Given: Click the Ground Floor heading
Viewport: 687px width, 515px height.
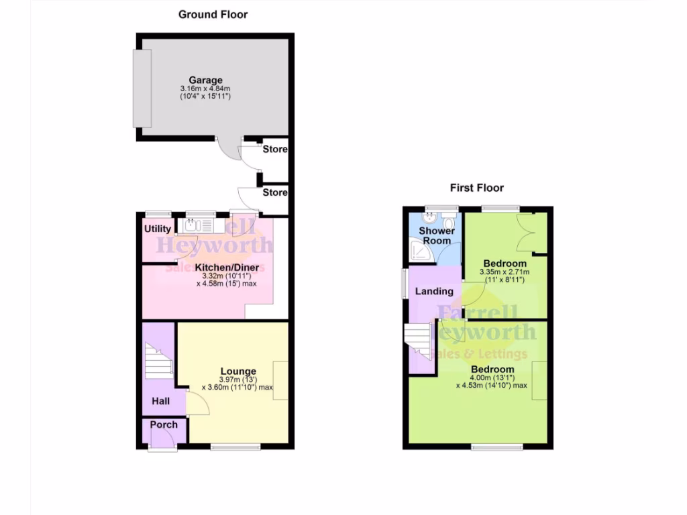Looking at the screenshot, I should point(213,14).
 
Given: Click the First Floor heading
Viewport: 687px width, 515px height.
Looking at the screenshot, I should point(476,188).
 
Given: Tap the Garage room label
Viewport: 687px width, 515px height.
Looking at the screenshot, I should point(205,80).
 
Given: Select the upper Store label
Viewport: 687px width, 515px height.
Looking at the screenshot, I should point(275,149).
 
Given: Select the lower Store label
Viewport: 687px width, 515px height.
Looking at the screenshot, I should point(275,192).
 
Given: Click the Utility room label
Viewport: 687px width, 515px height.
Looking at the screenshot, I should point(158,229).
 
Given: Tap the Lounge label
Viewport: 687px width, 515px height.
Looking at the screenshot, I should point(238,371).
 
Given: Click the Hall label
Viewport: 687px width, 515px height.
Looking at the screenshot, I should point(160,401).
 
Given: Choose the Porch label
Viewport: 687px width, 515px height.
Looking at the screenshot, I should point(164,424).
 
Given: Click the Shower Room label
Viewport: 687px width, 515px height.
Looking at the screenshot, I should point(437,235).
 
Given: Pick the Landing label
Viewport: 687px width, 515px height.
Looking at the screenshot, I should point(434,292).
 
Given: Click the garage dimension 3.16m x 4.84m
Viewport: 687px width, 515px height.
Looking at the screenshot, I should point(205,89).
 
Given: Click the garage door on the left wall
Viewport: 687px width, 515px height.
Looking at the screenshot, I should point(142,89).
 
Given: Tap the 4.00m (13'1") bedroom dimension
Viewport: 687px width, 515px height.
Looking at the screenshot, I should point(492,378).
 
